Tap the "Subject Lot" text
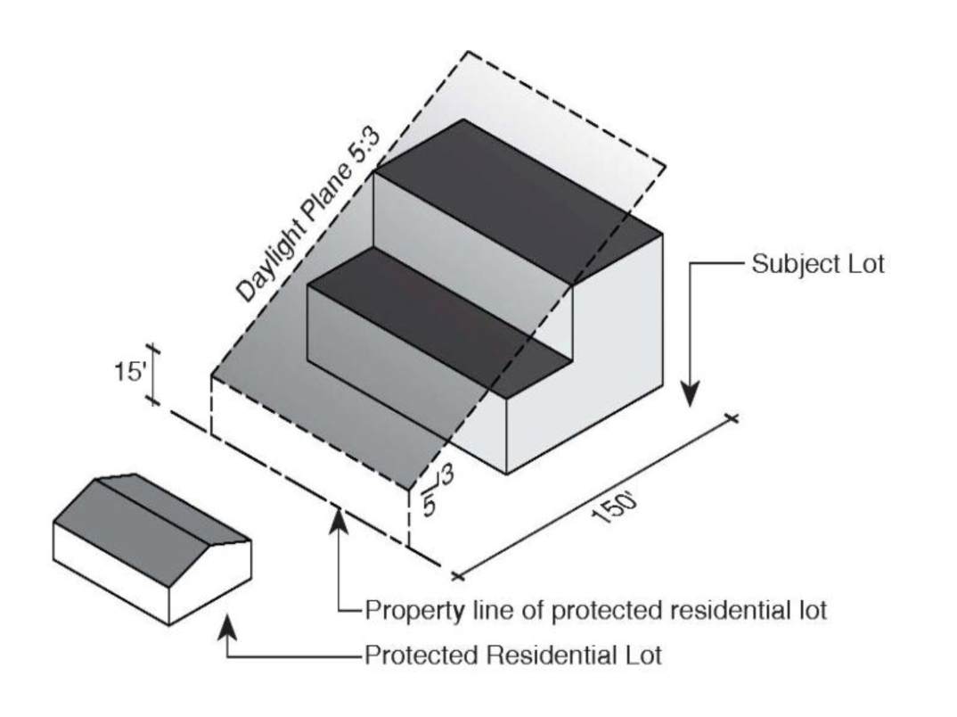click(818, 265)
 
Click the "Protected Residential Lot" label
click(512, 655)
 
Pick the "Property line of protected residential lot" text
click(596, 611)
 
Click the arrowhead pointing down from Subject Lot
click(691, 392)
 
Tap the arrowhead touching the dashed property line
click(339, 521)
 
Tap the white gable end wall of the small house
click(214, 575)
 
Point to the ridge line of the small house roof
click(169, 508)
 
